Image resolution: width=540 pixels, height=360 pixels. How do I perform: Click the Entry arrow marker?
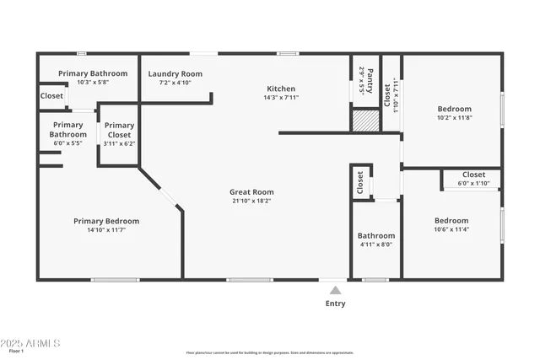335,290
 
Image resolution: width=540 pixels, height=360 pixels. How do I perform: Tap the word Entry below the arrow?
335,304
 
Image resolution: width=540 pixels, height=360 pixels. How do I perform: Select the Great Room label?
251,192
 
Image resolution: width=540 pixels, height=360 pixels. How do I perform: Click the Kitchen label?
281,89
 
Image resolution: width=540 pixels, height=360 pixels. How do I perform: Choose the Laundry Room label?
175,74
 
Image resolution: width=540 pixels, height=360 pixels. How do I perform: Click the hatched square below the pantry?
364,121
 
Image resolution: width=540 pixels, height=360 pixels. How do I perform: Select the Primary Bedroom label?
106,221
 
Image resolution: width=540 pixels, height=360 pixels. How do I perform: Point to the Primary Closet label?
119,130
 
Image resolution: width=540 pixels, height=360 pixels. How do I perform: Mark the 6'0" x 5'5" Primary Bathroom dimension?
68,143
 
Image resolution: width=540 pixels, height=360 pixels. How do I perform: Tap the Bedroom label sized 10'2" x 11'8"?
454,109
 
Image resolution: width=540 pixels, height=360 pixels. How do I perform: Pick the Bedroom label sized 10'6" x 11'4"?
451,220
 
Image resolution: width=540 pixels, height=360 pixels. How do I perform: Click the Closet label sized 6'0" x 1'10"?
473,175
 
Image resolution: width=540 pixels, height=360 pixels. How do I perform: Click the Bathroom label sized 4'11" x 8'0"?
375,235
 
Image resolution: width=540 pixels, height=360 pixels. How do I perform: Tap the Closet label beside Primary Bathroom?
51,96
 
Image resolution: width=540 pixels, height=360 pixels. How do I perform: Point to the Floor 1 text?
16,351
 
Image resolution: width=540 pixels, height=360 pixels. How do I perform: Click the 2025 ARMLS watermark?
30,343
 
